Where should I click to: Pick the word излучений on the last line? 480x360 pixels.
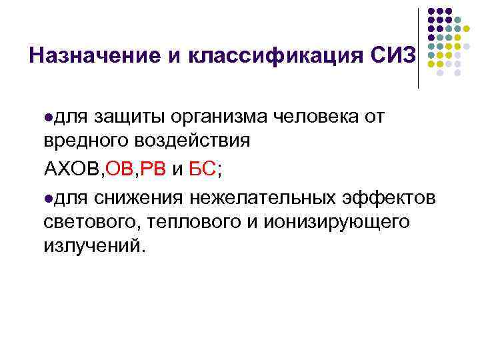(x=93, y=246)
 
